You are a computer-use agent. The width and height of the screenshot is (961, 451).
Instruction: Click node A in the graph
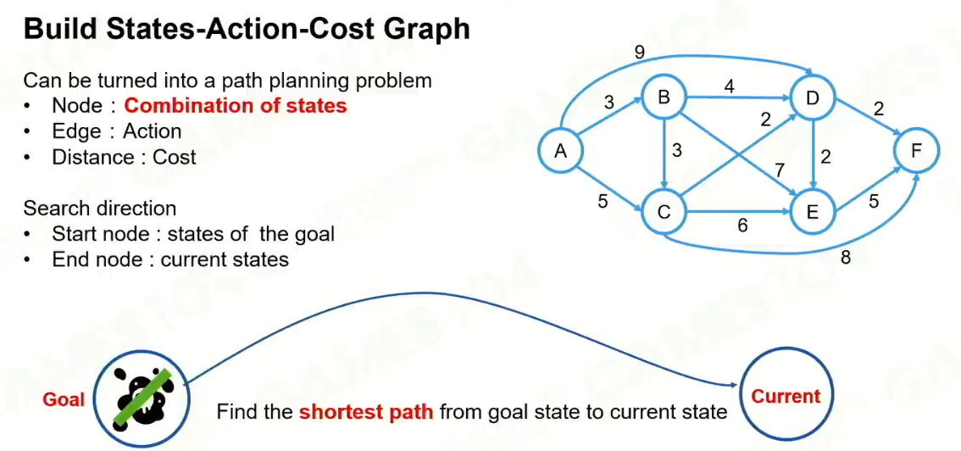560,152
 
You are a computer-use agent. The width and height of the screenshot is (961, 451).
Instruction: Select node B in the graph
664,97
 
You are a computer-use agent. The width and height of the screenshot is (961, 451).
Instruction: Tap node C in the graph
664,212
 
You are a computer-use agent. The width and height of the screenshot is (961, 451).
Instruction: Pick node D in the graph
813,98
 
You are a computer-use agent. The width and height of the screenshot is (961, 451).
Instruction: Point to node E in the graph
812,213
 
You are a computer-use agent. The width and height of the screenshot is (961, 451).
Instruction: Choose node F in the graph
916,152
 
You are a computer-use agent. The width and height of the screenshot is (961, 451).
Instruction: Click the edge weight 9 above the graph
640,53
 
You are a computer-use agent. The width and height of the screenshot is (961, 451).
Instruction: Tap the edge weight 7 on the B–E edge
778,171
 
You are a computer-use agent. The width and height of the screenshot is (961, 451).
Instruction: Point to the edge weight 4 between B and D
728,85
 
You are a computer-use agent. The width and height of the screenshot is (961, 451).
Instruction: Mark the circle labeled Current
786,396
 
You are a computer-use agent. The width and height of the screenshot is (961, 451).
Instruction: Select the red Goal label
64,398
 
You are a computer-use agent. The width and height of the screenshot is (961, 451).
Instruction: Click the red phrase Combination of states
236,106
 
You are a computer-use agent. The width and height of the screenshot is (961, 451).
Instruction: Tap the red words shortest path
366,413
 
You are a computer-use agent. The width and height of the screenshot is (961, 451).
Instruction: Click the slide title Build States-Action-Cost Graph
247,30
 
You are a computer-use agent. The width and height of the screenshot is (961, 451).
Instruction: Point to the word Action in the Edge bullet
152,131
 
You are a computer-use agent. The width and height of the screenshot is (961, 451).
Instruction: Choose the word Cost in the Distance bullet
175,157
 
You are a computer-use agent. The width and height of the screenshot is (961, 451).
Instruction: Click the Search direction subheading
100,209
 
